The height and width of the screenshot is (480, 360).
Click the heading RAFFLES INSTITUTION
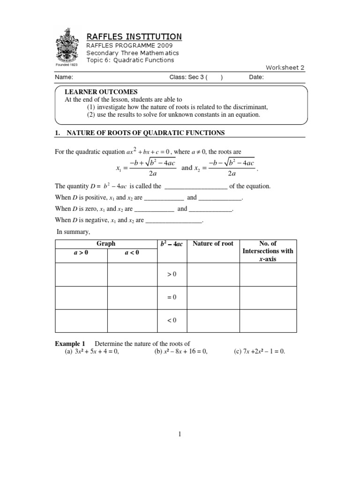(134, 37)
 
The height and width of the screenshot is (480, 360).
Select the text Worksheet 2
(285, 67)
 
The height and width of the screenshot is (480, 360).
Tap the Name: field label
(64, 78)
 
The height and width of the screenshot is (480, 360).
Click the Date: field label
(256, 78)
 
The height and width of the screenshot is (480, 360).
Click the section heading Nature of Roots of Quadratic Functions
(146, 133)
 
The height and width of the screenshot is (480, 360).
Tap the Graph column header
(106, 244)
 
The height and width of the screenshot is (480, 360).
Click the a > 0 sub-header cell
(81, 253)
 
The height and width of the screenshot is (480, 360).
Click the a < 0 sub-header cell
(132, 253)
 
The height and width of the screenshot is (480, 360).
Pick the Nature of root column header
(213, 244)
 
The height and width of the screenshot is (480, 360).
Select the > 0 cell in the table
(172, 274)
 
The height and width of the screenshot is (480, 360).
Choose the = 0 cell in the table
(172, 297)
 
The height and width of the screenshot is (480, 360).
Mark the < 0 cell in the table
(172, 321)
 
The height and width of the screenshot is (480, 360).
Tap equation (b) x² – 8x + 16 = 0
(180, 352)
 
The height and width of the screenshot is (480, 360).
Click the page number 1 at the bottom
(180, 435)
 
